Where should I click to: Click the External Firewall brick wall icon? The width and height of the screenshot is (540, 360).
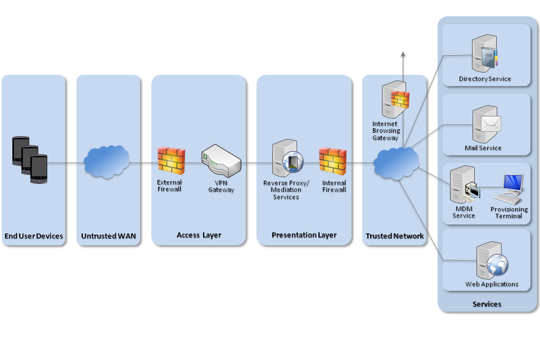(x=171, y=160)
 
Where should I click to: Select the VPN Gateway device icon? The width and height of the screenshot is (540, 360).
(x=220, y=160)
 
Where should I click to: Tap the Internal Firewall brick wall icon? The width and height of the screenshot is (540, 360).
(x=333, y=160)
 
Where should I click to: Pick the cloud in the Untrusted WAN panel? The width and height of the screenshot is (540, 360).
(x=106, y=162)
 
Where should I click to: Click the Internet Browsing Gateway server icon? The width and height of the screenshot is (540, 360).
(x=394, y=98)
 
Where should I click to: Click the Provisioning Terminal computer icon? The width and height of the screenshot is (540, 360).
(x=509, y=189)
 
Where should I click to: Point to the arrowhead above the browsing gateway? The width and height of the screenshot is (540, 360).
(x=403, y=54)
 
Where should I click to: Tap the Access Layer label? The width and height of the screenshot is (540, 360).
(x=199, y=235)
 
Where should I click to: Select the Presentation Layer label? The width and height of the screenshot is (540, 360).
(x=304, y=235)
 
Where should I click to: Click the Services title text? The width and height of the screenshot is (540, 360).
(x=487, y=304)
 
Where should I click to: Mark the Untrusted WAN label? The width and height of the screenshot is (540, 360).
(x=109, y=236)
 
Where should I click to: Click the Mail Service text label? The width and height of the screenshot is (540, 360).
(x=483, y=148)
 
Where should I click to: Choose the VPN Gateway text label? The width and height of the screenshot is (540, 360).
(x=221, y=187)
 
